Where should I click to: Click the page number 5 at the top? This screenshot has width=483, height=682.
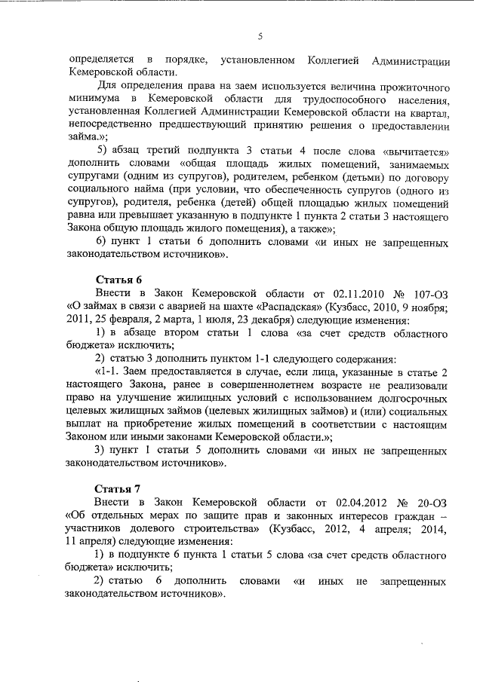coord(260,35)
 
